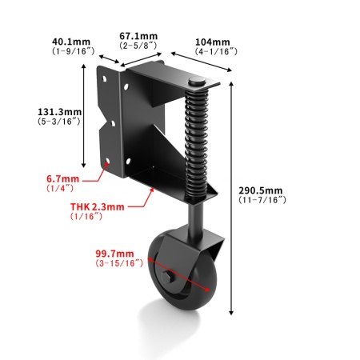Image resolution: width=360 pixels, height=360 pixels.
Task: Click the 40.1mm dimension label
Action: [x=71, y=42]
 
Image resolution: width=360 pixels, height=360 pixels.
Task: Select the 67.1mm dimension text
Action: [x=138, y=36]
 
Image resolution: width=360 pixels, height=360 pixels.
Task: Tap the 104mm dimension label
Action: [x=213, y=42]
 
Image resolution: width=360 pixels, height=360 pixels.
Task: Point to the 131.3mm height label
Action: [x=59, y=112]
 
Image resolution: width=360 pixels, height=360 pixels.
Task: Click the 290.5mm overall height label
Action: [x=261, y=190]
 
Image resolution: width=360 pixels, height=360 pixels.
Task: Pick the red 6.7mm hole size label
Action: [x=62, y=178]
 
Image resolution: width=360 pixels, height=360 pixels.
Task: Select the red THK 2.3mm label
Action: [x=98, y=206]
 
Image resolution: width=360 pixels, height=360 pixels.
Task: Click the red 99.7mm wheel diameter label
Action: [x=114, y=254]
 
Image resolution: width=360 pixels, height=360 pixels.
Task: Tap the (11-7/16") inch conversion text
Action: [x=262, y=200]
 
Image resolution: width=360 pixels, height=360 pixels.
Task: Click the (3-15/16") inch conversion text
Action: [x=119, y=263]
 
